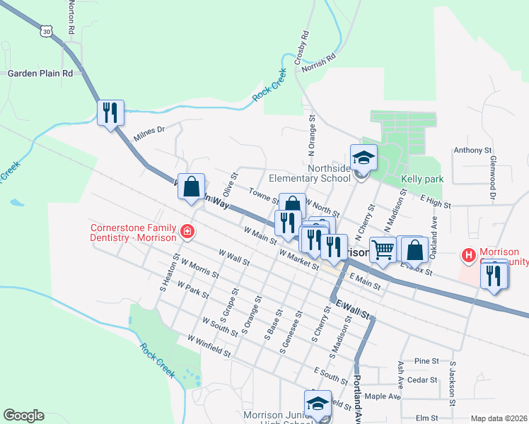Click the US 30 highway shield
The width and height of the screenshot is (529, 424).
click(47, 31)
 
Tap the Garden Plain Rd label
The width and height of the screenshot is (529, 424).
click(40, 73)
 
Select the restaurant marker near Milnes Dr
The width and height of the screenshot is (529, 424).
click(110, 112)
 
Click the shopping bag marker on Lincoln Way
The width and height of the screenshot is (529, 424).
click(191, 187)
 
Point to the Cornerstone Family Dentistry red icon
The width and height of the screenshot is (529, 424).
click(187, 231)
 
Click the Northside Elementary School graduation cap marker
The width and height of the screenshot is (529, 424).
click(364, 158)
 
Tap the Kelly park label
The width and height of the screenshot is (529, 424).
click(422, 179)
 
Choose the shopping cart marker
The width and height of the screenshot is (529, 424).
click(383, 249)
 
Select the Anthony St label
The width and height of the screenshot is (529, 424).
click(472, 150)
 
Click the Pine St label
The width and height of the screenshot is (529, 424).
click(427, 360)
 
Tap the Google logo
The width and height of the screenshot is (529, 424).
click(23, 416)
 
